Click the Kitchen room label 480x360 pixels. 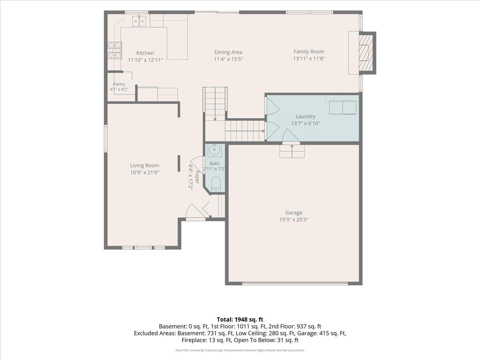coord(145,53)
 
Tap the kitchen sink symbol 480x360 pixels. coord(139,21)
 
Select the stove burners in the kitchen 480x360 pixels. coord(115,50)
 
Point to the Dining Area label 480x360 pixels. coord(228,52)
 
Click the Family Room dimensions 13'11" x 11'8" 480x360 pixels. coord(309,58)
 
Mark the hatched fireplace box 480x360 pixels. coord(366,53)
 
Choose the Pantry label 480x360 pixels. coord(119,84)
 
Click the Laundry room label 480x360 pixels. coord(306,116)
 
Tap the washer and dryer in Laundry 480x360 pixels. coord(342,107)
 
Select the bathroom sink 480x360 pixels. coord(214,150)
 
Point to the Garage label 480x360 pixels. coord(294,212)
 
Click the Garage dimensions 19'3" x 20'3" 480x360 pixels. coord(294,220)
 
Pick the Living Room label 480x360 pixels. coord(145,166)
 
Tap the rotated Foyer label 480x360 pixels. coord(197,177)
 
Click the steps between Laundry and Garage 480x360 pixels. coord(292,151)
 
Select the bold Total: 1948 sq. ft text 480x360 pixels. coord(240,320)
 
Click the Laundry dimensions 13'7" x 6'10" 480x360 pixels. coord(306,123)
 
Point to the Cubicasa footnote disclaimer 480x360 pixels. coord(240,350)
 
